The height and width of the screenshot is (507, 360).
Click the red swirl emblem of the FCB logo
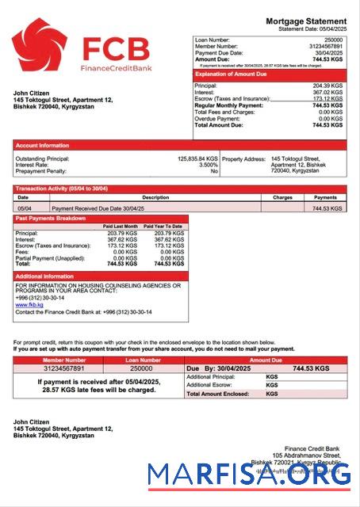tap(40, 48)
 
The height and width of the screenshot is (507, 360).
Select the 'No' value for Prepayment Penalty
tap(213, 171)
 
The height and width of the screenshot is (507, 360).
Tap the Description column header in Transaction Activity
tap(155, 197)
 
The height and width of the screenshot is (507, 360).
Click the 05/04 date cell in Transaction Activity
tap(25, 208)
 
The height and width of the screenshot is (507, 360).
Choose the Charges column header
tap(282, 197)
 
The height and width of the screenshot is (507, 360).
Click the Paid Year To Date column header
tap(163, 227)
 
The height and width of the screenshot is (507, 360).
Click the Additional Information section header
tap(45, 276)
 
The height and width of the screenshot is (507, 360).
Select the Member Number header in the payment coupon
tap(63, 360)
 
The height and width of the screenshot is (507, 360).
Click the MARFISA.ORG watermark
tap(249, 474)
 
